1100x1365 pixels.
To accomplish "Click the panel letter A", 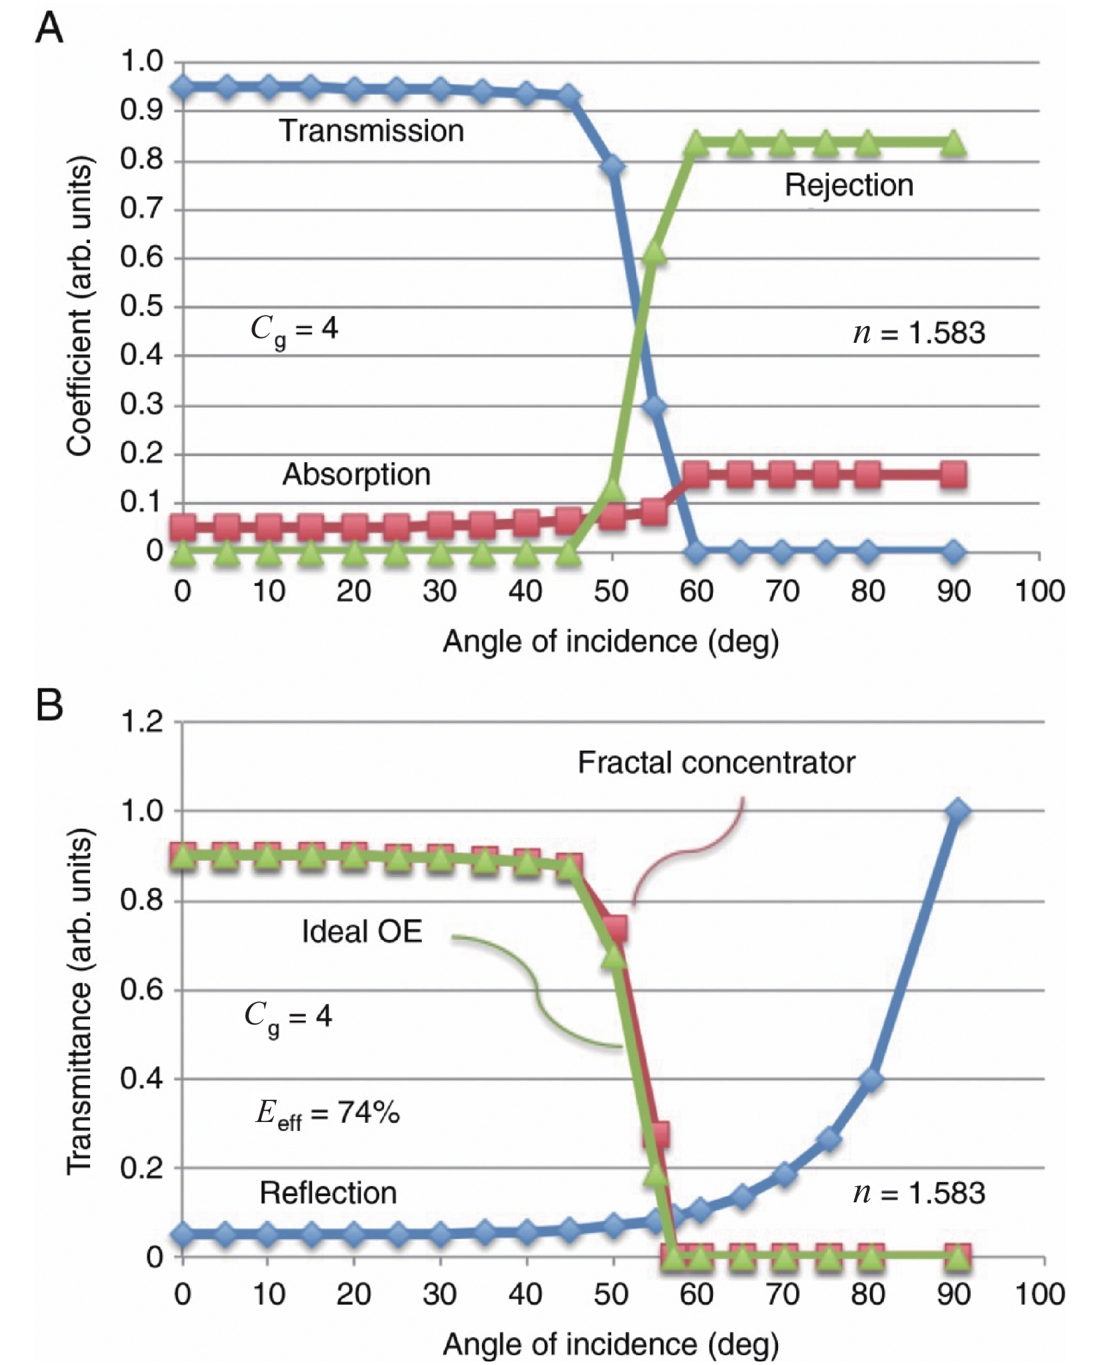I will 49,29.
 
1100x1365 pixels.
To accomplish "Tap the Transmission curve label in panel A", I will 372,131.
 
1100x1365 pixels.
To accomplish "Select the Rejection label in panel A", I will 849,186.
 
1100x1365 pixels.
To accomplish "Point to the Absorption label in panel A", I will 356,475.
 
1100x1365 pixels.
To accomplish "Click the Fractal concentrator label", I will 716,762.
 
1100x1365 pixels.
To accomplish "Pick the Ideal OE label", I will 362,931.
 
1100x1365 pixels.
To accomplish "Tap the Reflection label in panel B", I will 328,1193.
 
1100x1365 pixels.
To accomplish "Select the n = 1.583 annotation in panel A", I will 918,333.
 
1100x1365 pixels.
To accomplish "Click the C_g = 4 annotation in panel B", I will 288,1017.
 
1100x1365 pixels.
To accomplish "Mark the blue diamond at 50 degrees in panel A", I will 613,167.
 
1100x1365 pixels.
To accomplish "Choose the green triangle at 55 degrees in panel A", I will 654,253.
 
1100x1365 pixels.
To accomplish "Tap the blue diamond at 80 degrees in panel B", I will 870,1079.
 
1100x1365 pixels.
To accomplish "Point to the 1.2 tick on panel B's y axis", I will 142,722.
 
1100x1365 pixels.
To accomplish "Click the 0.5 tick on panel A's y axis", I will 141,307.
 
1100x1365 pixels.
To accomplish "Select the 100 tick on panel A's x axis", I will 1039,592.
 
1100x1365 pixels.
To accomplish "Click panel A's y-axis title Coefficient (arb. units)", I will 80,307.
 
